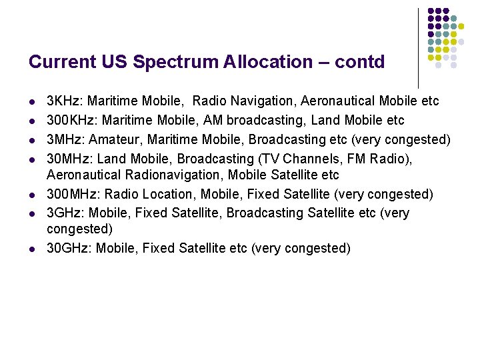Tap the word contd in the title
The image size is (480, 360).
click(359, 63)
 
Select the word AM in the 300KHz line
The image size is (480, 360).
click(205, 121)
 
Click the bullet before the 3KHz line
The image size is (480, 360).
click(32, 102)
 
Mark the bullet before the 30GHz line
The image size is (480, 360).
click(32, 249)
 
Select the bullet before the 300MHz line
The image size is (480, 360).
click(32, 195)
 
